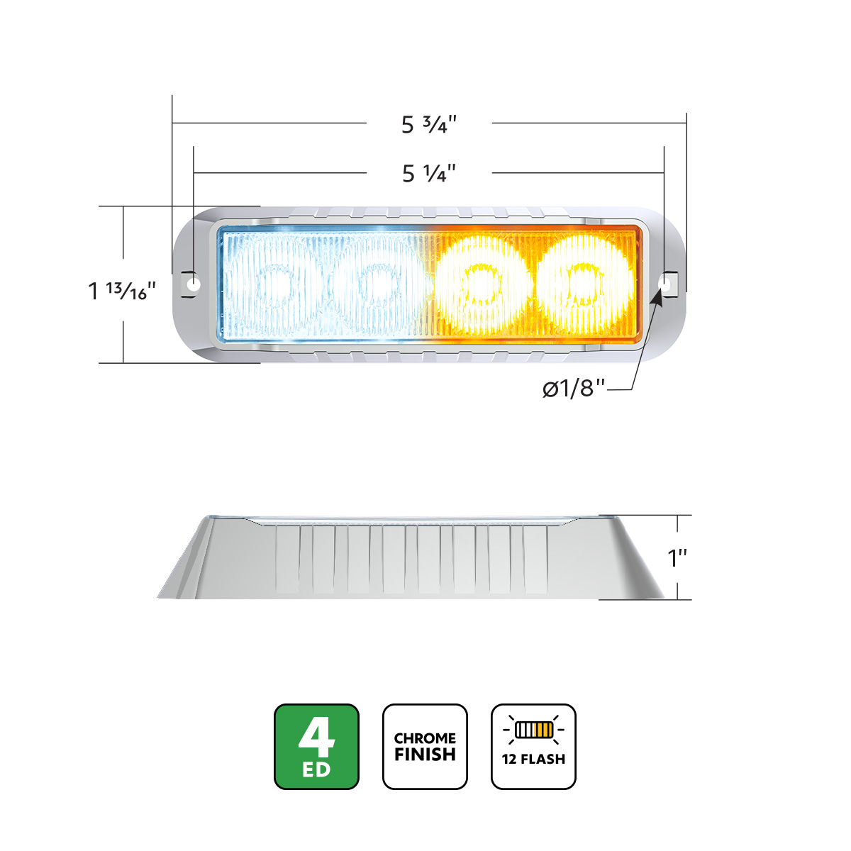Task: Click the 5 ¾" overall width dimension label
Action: pos(428,125)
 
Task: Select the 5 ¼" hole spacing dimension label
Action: pos(428,173)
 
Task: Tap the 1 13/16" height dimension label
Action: pos(122,290)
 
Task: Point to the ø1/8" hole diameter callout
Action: pos(574,389)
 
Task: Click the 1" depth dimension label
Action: pos(679,558)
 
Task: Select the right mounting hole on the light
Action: pos(664,283)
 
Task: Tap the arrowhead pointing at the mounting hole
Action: pos(657,297)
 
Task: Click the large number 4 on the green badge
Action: pos(316,738)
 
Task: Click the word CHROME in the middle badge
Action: pos(425,738)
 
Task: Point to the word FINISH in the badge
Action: pos(425,755)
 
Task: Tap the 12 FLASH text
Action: pos(533,759)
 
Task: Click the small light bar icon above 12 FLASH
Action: pos(533,729)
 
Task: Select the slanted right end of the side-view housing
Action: pos(635,560)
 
